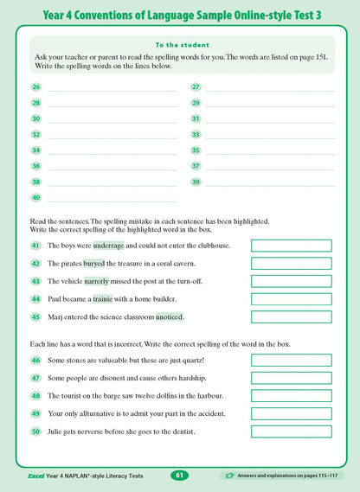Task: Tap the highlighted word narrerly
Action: click(x=97, y=281)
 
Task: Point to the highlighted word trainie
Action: click(x=103, y=299)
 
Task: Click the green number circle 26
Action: click(x=35, y=87)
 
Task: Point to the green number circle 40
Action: click(x=35, y=198)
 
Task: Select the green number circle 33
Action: click(x=196, y=135)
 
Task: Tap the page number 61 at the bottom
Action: click(x=179, y=475)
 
